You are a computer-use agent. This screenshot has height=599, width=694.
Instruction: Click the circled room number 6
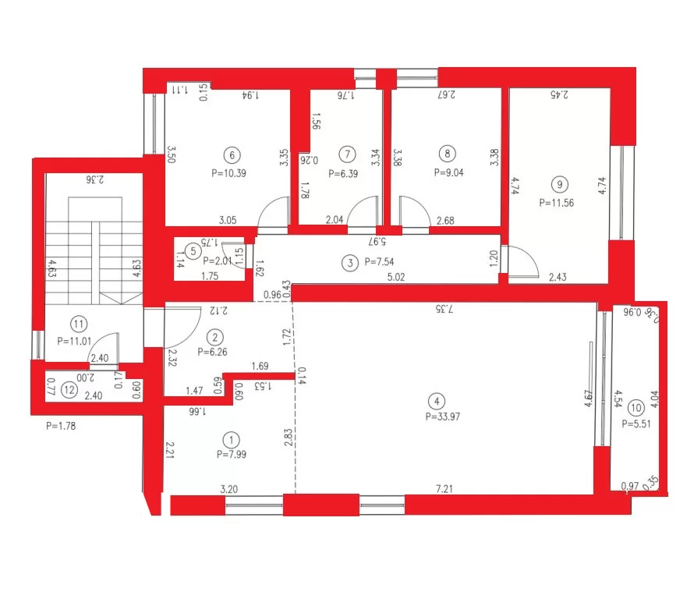point(229,154)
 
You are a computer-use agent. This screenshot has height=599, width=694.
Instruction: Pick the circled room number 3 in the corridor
point(347,263)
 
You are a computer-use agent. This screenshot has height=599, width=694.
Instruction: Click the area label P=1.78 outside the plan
point(61,426)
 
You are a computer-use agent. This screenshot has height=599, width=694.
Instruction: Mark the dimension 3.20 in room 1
point(229,488)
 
